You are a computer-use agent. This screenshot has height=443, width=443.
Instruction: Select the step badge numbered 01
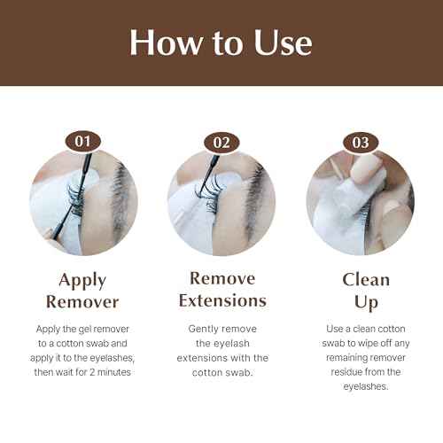pyautogui.click(x=82, y=141)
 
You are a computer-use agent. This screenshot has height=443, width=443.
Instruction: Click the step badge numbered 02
pyautogui.click(x=221, y=141)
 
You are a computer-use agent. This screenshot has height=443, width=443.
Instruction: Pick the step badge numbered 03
pyautogui.click(x=360, y=141)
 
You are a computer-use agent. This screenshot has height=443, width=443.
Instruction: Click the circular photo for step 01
pyautogui.click(x=82, y=202)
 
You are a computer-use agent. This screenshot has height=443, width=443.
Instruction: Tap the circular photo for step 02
pyautogui.click(x=221, y=202)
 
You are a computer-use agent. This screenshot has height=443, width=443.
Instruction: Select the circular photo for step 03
pyautogui.click(x=360, y=202)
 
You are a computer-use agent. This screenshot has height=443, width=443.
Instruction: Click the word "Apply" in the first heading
pyautogui.click(x=82, y=281)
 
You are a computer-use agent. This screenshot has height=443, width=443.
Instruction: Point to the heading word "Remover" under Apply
pyautogui.click(x=82, y=301)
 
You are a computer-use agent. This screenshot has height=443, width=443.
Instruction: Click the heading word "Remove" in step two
pyautogui.click(x=221, y=279)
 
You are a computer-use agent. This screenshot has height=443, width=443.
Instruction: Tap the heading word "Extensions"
pyautogui.click(x=221, y=300)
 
